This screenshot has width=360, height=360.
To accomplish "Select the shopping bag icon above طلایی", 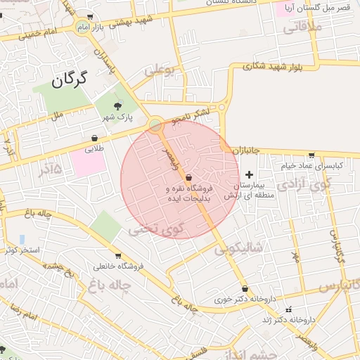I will [95, 139].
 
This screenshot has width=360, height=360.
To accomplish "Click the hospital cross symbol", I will [249, 174].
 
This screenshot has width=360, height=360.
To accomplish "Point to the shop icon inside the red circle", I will [188, 179].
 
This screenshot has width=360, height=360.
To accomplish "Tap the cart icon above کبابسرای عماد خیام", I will [311, 155].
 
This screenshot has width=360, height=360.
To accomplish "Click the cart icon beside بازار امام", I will [92, 17].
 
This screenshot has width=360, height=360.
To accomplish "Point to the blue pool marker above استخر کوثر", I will [22, 239].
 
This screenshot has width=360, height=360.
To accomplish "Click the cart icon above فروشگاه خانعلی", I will [118, 255].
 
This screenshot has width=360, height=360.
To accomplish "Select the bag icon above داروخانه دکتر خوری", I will [244, 289].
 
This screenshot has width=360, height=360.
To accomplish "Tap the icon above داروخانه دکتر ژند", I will [288, 309].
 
